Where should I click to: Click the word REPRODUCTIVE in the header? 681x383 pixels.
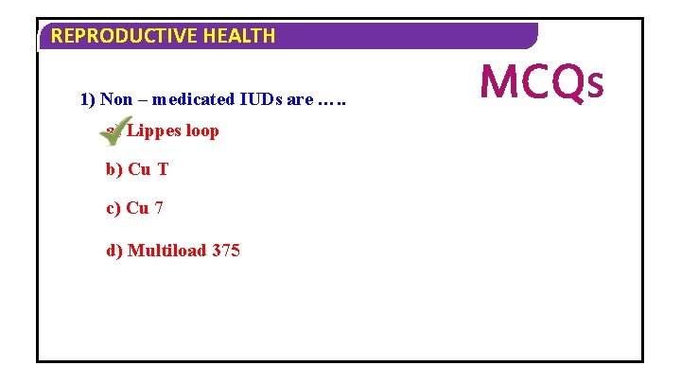(x=114, y=37)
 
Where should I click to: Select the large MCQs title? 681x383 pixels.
(x=541, y=82)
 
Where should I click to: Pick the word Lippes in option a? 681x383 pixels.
(x=153, y=131)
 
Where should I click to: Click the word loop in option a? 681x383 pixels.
(x=201, y=131)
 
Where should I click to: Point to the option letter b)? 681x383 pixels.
(x=113, y=169)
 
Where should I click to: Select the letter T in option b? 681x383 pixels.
(x=163, y=169)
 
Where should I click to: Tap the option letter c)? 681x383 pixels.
(x=113, y=209)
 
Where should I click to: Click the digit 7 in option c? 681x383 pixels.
(x=159, y=209)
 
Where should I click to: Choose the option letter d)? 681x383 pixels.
(x=114, y=251)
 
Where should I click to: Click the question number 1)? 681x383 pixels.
(x=87, y=99)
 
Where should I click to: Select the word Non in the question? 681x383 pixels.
(x=116, y=99)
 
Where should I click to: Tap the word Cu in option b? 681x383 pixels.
(x=138, y=169)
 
